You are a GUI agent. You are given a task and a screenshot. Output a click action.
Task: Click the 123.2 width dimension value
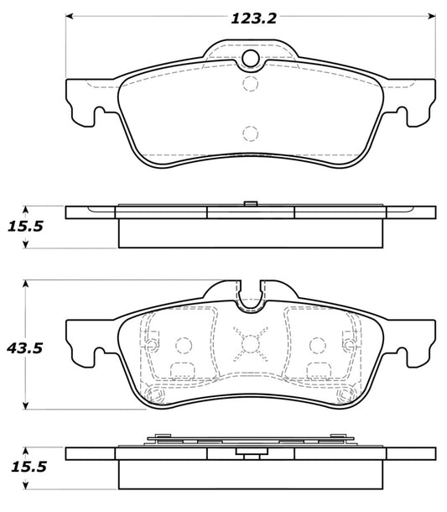[253, 18]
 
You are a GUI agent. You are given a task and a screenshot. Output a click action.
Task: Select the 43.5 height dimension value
[25, 348]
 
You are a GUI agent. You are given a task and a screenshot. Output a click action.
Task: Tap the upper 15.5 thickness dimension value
[25, 227]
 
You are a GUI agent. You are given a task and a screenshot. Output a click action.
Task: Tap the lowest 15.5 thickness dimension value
[29, 467]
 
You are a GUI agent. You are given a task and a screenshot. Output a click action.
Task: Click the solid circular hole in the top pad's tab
[251, 59]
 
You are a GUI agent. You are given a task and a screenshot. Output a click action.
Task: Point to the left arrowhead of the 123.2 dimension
[69, 16]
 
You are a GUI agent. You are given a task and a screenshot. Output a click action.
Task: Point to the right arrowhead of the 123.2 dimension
[432, 16]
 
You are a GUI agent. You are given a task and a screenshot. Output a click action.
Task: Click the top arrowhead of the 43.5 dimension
[25, 284]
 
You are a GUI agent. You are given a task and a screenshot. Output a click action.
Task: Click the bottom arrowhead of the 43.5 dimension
[25, 405]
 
